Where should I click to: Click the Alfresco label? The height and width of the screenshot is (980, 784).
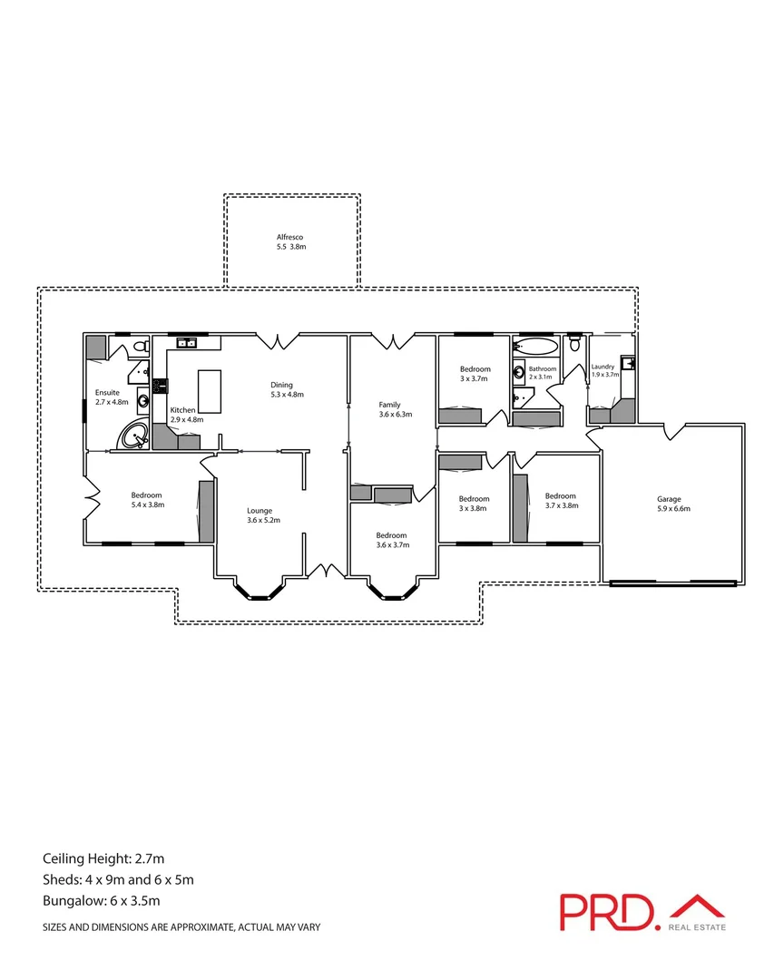tap(291, 241)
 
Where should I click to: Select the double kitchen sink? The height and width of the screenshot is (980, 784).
tap(188, 343)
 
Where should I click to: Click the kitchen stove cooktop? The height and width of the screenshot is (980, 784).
tap(159, 385)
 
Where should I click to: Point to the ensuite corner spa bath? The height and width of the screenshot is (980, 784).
tap(135, 436)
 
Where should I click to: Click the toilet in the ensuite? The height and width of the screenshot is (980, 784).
tap(139, 347)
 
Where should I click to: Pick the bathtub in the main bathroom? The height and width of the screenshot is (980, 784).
tap(535, 347)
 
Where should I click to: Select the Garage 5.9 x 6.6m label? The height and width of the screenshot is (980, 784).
tap(674, 504)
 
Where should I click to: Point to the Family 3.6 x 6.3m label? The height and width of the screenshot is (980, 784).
tap(395, 409)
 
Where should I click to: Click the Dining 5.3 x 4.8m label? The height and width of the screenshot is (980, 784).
tap(286, 389)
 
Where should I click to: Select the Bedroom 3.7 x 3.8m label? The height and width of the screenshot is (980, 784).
tap(560, 501)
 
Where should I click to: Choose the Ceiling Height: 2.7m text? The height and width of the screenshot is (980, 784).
tap(103, 858)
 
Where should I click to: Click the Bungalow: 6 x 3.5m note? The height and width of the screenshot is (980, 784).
tap(102, 901)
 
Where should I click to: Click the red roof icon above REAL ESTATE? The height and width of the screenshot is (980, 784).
tap(696, 906)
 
